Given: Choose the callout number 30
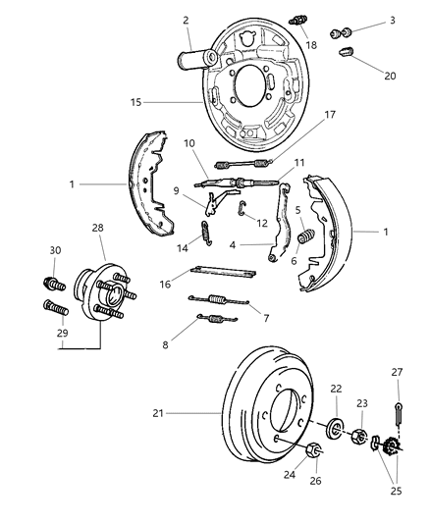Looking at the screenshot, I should (55, 250).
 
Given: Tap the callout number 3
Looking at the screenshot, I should (366, 20).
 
